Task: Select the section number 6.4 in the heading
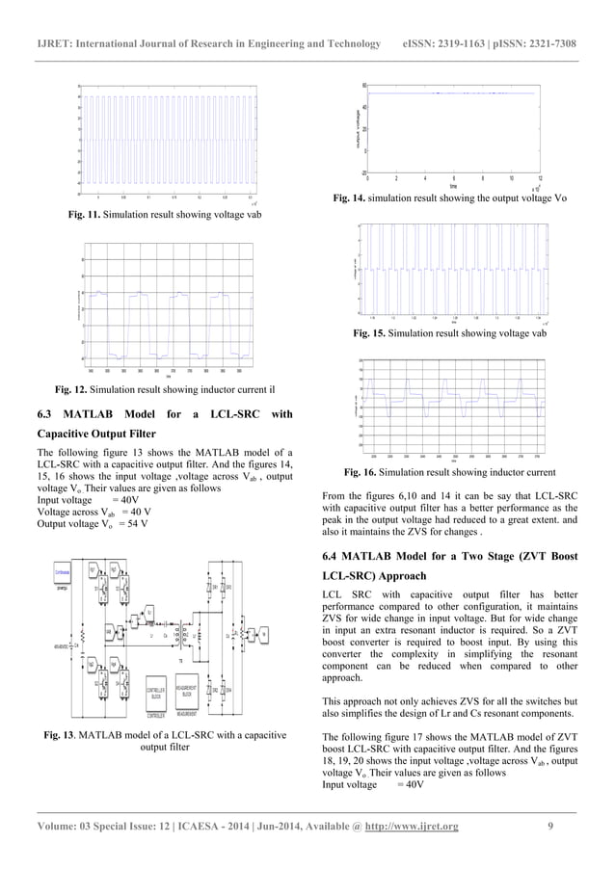[x=332, y=557]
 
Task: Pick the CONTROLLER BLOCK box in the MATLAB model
[x=155, y=694]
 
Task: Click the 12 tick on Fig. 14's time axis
[x=540, y=178]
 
